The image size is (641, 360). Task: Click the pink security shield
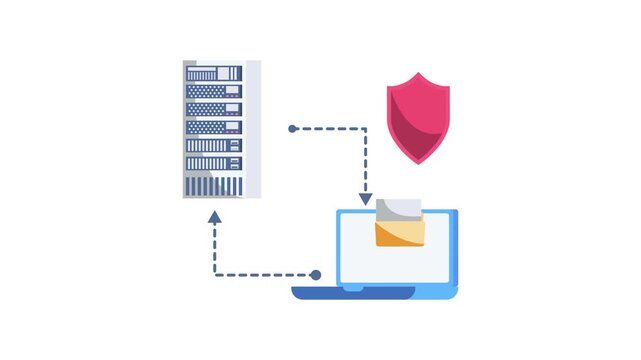(418, 116)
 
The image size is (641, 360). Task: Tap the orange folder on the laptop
(399, 234)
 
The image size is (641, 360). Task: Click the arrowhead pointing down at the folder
(366, 198)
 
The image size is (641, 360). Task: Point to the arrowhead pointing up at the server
(214, 216)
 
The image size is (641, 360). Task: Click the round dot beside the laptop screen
(316, 274)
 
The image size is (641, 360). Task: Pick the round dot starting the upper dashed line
(292, 129)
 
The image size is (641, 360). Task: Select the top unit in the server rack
(214, 73)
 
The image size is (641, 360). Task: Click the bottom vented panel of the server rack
(214, 185)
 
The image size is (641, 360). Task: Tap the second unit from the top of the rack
(214, 91)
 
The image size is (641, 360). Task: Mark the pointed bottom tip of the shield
(418, 162)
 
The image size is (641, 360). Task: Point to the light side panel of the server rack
(253, 128)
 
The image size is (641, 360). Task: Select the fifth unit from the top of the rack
(214, 145)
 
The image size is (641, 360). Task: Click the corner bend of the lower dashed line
(214, 274)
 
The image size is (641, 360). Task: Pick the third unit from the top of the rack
(214, 109)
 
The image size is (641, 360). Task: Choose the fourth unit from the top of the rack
(214, 127)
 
